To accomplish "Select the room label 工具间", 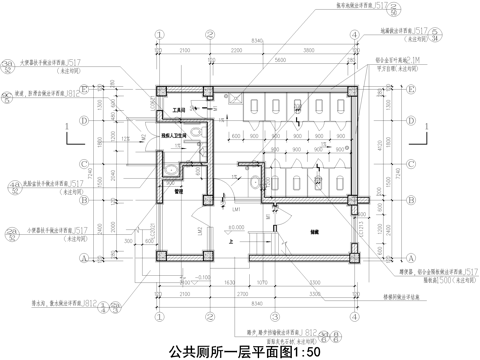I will coord(180,110).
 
